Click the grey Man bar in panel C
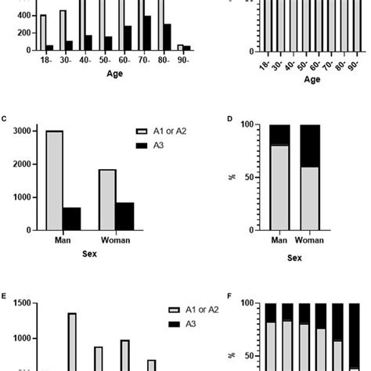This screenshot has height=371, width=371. point(55,180)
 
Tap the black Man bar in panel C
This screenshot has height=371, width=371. point(72,218)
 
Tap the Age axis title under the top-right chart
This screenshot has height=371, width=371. point(312,79)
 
